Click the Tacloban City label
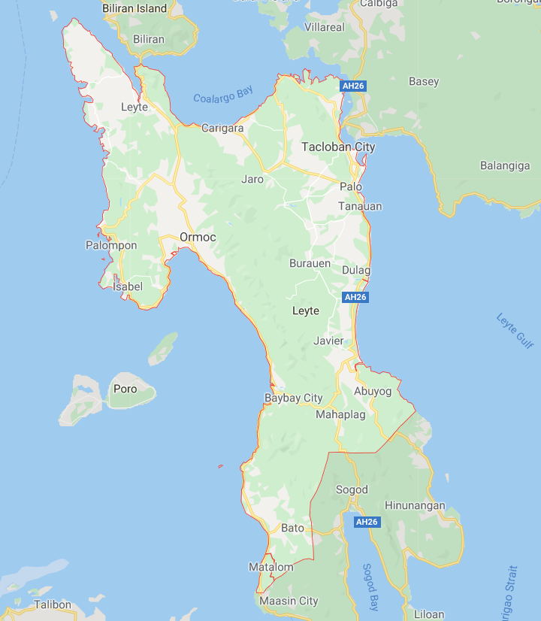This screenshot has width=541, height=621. click(x=337, y=147)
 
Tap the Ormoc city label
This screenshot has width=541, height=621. click(x=198, y=238)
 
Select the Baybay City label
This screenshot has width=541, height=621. click(x=293, y=398)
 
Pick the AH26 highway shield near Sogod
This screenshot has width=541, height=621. click(x=367, y=522)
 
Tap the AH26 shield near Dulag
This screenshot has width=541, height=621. click(x=355, y=297)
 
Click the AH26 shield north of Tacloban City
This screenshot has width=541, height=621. click(x=352, y=86)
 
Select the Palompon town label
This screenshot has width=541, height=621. click(x=111, y=245)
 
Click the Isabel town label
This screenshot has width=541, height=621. click(x=127, y=286)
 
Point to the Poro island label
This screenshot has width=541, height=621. click(x=125, y=389)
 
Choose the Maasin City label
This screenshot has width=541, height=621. click(x=289, y=601)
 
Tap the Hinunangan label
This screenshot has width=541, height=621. click(x=415, y=506)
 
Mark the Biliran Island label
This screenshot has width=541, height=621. click(x=136, y=8)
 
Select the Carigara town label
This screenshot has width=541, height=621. click(x=222, y=129)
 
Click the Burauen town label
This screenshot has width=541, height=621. click(x=310, y=264)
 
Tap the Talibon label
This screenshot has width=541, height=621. click(x=52, y=604)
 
